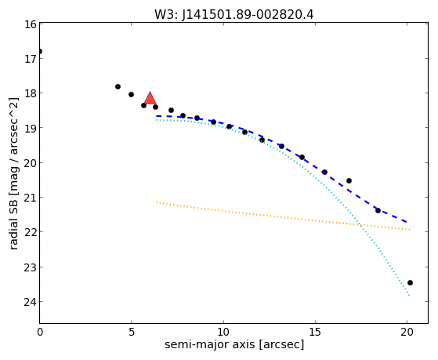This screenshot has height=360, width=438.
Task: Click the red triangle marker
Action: point(150,98)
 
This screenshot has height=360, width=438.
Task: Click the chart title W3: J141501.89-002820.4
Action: point(234,15)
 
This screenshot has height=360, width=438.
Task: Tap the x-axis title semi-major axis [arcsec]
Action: point(234,344)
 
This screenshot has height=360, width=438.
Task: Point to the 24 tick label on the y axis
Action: point(30,302)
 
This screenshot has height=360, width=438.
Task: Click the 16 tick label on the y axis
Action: point(30,24)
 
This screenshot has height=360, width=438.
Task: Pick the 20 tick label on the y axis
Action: point(30,163)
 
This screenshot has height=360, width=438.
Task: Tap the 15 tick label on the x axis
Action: point(315,332)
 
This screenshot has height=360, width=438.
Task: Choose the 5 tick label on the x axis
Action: point(132,332)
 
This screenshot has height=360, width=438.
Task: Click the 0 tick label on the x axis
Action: point(40,332)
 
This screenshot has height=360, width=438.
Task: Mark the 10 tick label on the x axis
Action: point(223,332)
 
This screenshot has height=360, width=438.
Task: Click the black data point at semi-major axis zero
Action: point(40,52)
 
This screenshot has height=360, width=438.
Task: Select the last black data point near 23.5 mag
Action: point(410,283)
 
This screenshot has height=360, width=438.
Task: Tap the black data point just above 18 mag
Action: point(118,87)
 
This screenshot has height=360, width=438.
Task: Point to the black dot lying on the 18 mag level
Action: point(131,95)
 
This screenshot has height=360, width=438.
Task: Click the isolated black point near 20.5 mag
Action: point(349,181)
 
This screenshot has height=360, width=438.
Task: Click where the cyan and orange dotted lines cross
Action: point(360,224)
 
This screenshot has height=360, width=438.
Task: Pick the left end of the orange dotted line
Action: point(157,202)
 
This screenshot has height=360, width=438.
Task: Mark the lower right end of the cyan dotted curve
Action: point(409,295)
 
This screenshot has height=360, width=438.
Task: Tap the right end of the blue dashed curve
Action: point(407,222)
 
